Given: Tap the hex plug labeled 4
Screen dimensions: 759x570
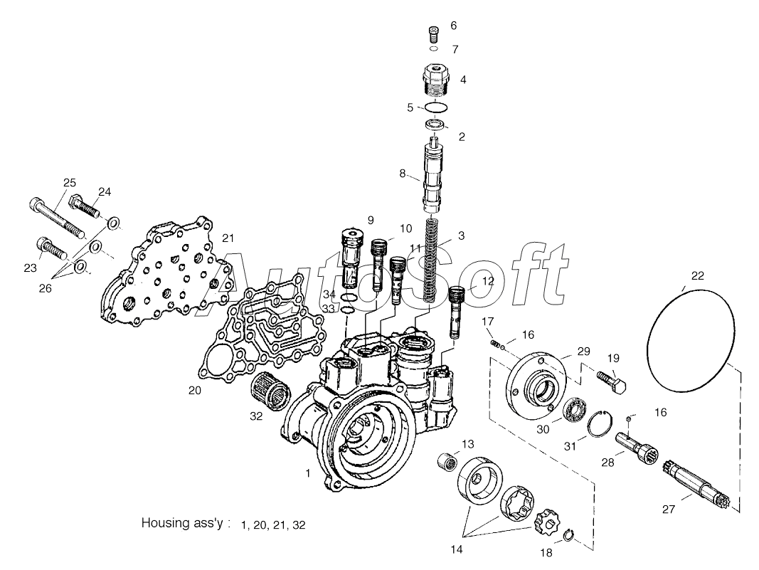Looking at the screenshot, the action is (x=435, y=80).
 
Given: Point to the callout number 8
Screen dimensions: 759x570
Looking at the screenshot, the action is (x=402, y=174).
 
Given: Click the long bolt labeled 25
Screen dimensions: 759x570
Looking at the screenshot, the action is (x=58, y=218).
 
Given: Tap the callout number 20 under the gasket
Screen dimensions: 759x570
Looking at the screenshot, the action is (x=195, y=391).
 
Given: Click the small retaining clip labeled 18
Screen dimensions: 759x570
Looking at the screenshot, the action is (x=570, y=534).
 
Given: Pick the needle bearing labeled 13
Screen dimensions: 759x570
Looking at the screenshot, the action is (x=447, y=462).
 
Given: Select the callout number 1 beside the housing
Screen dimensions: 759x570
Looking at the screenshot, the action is (x=307, y=473).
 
